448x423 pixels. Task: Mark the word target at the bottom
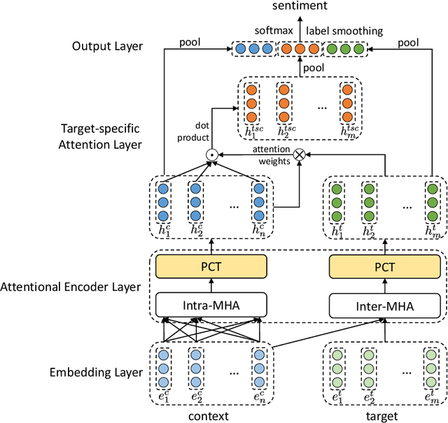(x=384, y=415)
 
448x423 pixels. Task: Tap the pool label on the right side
(x=409, y=42)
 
